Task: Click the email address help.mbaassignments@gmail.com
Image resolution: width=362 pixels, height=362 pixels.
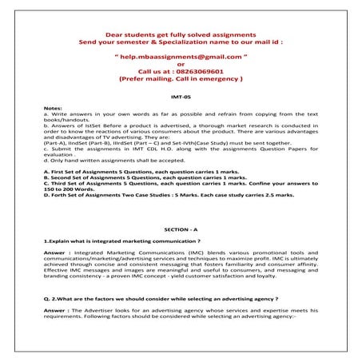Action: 181,58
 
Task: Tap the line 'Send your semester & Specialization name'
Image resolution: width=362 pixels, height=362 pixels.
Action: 181,42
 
